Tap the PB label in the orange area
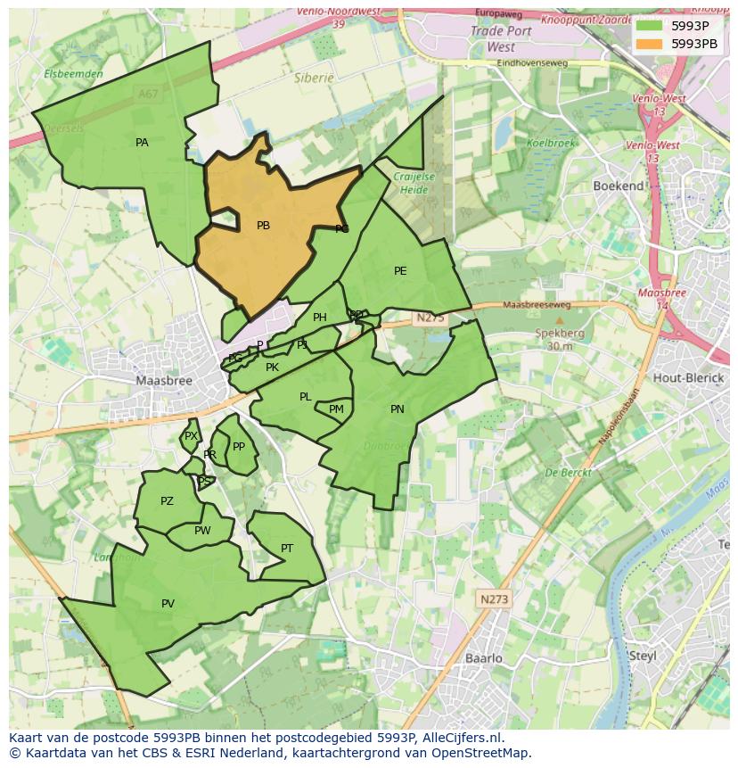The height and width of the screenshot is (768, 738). [x=263, y=226]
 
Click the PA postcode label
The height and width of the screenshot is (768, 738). [x=142, y=143]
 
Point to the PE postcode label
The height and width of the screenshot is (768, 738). [x=400, y=271]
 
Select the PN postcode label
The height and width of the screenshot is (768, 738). [x=398, y=409]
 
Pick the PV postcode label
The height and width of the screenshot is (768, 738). [x=168, y=604]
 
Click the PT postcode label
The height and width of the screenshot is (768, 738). [x=287, y=549]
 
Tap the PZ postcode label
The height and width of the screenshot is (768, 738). [x=167, y=501]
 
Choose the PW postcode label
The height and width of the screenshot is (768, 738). [x=202, y=531]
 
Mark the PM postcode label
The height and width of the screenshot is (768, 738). [x=336, y=409]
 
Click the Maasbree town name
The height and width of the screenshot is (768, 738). [x=164, y=380]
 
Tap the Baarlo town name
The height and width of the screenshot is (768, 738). [x=484, y=658]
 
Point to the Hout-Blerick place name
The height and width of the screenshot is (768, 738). [x=689, y=377]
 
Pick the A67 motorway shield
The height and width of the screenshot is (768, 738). [x=147, y=92]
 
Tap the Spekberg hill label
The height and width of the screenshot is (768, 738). [x=560, y=333]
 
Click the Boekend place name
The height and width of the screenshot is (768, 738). [x=619, y=186]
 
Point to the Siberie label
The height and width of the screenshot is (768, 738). [x=314, y=78]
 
